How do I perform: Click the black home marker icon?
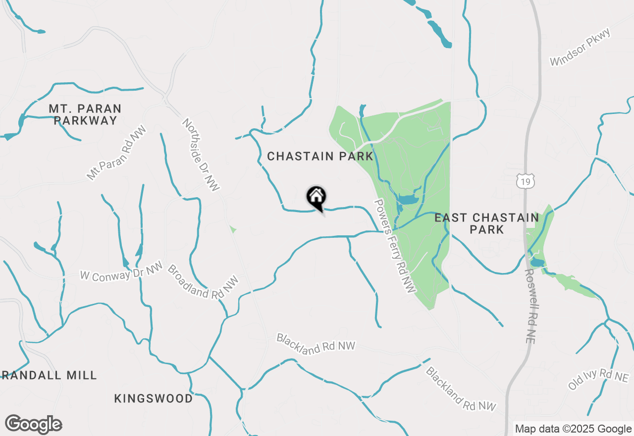[316, 198]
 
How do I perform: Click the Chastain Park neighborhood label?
[320, 157]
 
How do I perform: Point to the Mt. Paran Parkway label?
[85, 114]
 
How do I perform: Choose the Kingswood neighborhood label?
[154, 398]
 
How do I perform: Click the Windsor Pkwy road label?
[581, 48]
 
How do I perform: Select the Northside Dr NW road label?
[200, 155]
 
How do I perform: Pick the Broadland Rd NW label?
[203, 281]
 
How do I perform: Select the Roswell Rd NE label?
[533, 306]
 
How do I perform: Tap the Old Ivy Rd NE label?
[598, 379]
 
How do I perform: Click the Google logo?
[34, 424]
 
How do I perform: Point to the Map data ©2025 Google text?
[573, 429]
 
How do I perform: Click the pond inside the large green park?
[408, 200]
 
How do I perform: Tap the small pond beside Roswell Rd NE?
[537, 262]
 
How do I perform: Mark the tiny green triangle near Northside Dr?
[232, 229]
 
